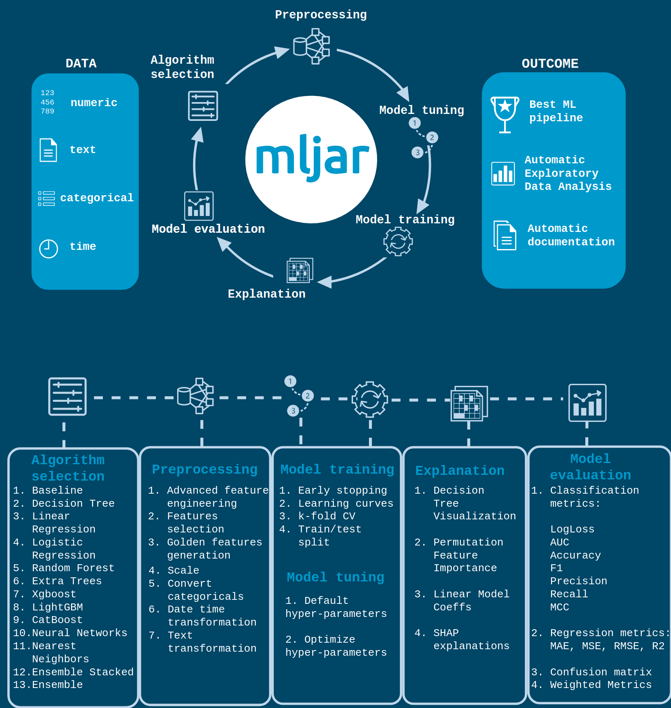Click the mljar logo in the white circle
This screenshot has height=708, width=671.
point(312,159)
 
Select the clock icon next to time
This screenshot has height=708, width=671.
point(49,248)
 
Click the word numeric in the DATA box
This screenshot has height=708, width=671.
point(94,102)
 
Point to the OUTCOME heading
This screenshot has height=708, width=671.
point(550,64)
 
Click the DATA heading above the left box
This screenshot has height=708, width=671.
point(81,64)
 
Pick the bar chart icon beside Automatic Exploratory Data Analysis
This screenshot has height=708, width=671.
point(503,174)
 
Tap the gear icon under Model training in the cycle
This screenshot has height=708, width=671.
point(398,241)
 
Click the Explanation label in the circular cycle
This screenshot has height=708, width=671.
point(267,294)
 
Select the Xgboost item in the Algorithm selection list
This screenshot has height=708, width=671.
point(54,594)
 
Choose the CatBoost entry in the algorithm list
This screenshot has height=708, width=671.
point(57,620)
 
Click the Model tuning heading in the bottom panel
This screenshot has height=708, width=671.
point(335,577)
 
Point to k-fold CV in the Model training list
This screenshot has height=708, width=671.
point(327,516)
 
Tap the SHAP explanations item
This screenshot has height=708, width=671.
point(471,639)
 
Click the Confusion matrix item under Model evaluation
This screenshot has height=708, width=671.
point(600,672)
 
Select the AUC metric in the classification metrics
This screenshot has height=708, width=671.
point(559,542)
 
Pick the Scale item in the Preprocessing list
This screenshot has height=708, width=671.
point(183,570)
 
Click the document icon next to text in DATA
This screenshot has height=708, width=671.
point(48,150)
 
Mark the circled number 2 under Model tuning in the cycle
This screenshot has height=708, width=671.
point(432,138)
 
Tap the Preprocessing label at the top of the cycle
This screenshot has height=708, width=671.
point(321,15)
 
